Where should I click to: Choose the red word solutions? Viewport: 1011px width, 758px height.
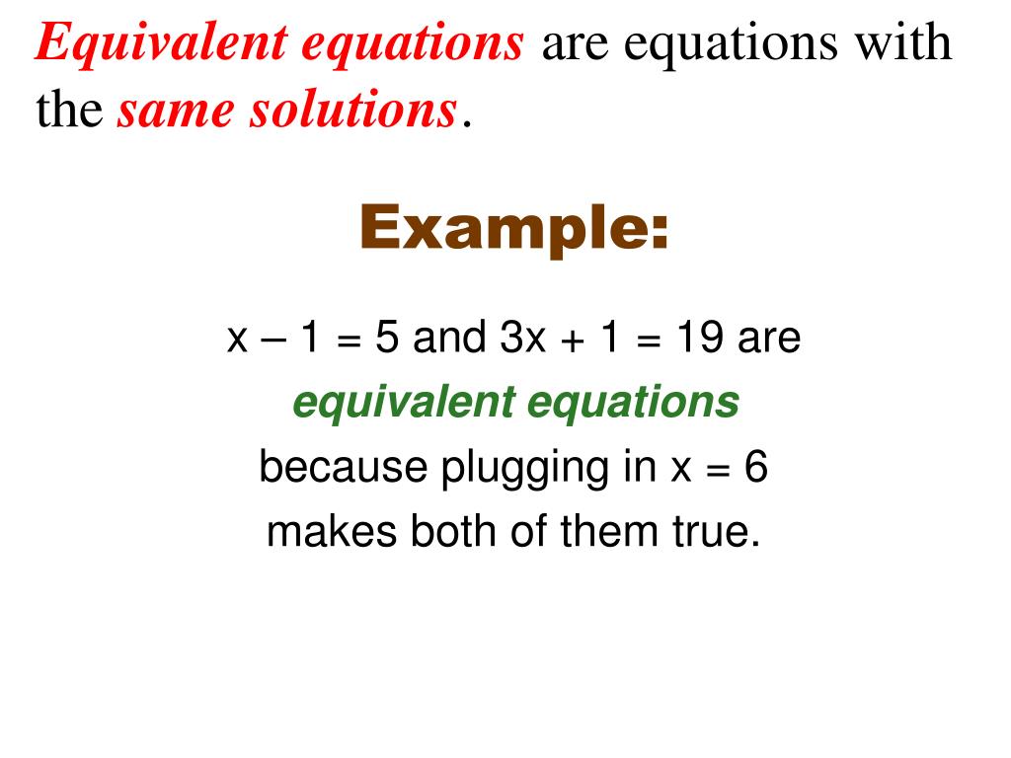click(x=351, y=112)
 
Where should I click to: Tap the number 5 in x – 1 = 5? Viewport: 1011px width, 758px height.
click(x=387, y=339)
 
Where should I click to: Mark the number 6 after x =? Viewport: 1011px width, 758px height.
click(x=755, y=467)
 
